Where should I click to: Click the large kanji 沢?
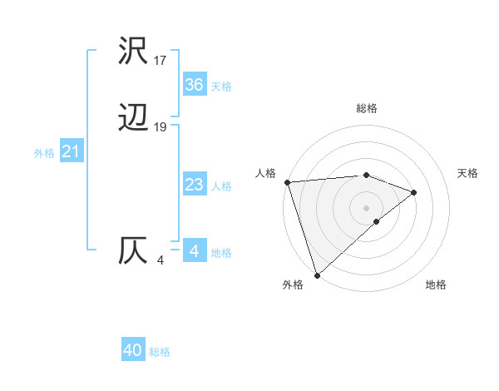click(134, 52)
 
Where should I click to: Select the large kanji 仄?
click(134, 250)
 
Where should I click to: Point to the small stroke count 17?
click(161, 61)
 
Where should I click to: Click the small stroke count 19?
click(161, 127)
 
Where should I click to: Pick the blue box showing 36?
click(194, 85)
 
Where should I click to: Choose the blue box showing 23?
click(194, 185)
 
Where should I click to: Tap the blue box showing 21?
click(71, 152)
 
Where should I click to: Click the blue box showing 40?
click(133, 351)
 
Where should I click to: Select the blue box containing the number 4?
click(194, 250)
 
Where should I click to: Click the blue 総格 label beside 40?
click(160, 352)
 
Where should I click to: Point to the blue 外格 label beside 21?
click(44, 153)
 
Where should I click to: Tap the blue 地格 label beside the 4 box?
click(221, 252)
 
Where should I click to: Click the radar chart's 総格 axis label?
click(367, 108)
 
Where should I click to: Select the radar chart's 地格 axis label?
click(436, 285)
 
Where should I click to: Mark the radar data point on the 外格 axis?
click(316, 275)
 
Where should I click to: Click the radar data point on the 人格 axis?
click(287, 181)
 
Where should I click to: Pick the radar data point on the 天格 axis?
click(413, 192)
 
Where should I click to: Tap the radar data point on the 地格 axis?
click(377, 221)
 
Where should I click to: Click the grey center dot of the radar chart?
click(366, 207)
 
